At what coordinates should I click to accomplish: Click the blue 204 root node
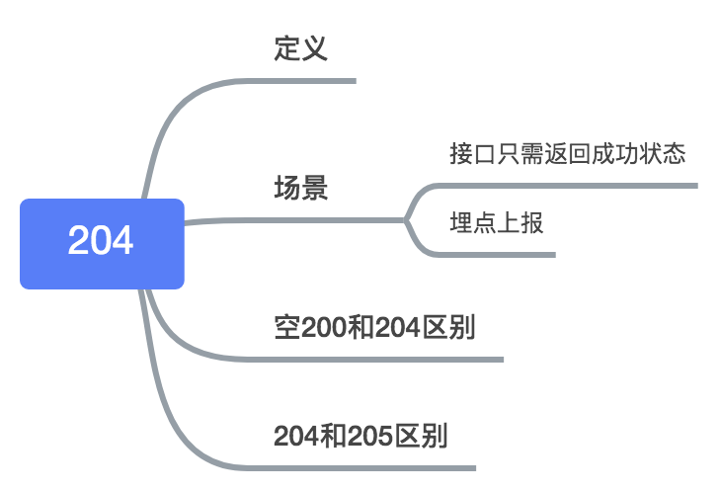(x=102, y=243)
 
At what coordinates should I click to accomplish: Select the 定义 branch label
(x=300, y=48)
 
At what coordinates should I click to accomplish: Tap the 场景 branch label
(x=300, y=188)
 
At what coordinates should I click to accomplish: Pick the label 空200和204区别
(x=374, y=327)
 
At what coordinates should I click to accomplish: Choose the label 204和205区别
(x=360, y=436)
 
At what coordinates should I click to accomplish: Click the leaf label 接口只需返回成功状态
(x=567, y=154)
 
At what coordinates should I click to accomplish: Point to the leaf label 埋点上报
(x=496, y=223)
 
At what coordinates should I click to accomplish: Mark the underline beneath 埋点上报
(x=504, y=255)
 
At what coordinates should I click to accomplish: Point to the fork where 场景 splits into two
(x=406, y=220)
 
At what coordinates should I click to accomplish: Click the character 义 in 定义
(x=314, y=48)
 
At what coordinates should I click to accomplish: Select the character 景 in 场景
(x=314, y=188)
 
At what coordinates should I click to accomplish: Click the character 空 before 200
(x=285, y=327)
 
